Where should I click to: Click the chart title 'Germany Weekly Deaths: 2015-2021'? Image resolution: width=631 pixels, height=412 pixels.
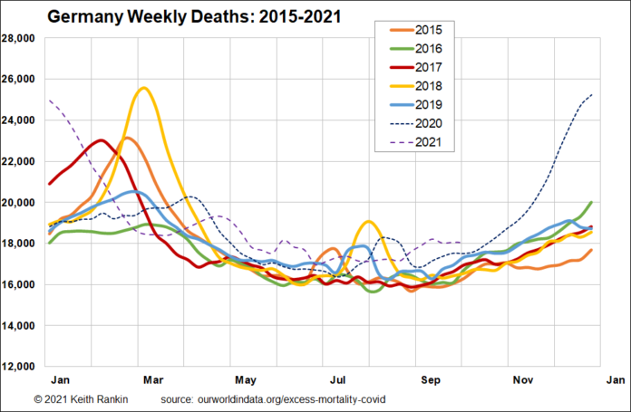(187, 16)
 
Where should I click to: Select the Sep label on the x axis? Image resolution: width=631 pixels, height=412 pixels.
(429, 380)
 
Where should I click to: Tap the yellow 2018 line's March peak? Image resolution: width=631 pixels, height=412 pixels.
(144, 88)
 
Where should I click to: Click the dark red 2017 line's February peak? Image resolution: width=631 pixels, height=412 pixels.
(101, 140)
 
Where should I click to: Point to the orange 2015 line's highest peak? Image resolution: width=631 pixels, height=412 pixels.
(127, 138)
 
